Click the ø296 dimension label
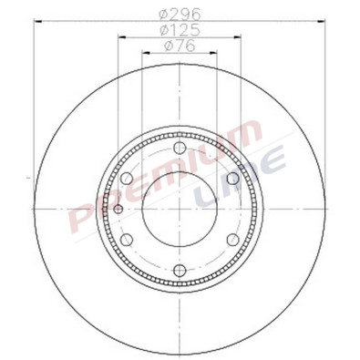180,14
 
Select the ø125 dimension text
180,31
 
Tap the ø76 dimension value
180,47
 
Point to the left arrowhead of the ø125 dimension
122,38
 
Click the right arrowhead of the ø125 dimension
239,38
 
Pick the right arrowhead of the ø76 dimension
216,54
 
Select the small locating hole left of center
119,210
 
